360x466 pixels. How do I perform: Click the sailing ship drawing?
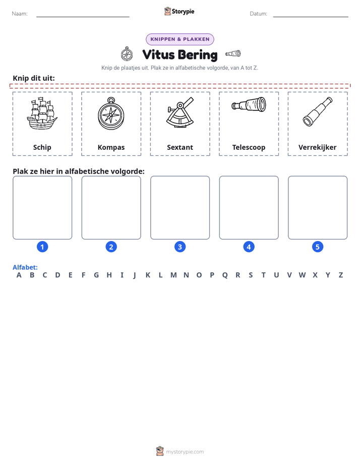[42, 114]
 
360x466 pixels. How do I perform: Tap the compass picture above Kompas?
[111, 113]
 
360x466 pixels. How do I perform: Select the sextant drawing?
[180, 113]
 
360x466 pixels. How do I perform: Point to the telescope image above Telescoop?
[249, 104]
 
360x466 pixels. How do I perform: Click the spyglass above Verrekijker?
[318, 112]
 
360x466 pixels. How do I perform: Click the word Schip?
[42, 147]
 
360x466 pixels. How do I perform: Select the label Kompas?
[111, 147]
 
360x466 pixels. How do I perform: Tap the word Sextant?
[180, 147]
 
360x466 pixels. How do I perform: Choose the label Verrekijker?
[318, 147]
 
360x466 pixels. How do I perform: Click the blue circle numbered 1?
[42, 247]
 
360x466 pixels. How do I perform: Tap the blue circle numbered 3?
[180, 247]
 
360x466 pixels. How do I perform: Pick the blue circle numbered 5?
[318, 247]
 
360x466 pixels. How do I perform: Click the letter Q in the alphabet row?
[225, 275]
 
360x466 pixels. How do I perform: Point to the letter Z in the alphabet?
[341, 275]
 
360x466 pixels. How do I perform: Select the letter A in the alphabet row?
[19, 275]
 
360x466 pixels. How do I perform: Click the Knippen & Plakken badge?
[180, 39]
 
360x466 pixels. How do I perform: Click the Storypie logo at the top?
[179, 11]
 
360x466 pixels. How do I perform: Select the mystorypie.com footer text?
[185, 452]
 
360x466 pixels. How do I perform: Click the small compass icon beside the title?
[127, 54]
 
